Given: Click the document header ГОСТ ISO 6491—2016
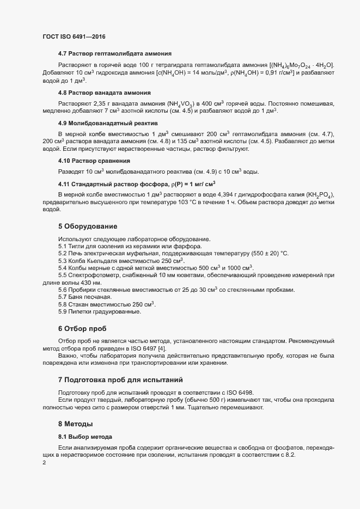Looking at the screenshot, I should pyautogui.click(x=74, y=36).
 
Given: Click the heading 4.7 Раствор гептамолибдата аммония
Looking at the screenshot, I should pyautogui.click(x=115, y=53).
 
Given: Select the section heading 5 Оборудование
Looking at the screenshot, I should pyautogui.click(x=88, y=225).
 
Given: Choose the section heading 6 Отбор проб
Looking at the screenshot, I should pyautogui.click(x=83, y=328).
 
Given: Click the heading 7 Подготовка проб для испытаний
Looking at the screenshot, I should pyautogui.click(x=120, y=379).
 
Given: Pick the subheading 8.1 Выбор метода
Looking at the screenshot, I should pyautogui.click(x=85, y=437).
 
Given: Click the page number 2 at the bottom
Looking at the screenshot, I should pyautogui.click(x=44, y=463).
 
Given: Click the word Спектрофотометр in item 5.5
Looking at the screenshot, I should pyautogui.click(x=92, y=275).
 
